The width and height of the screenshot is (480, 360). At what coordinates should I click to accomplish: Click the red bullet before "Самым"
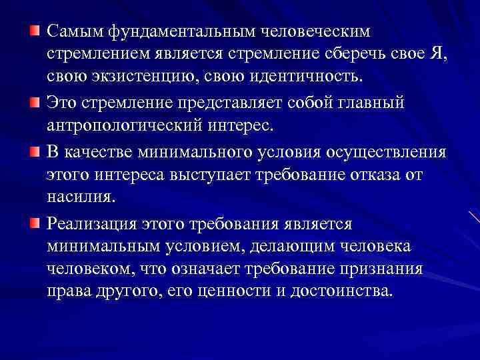coord(35,31)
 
